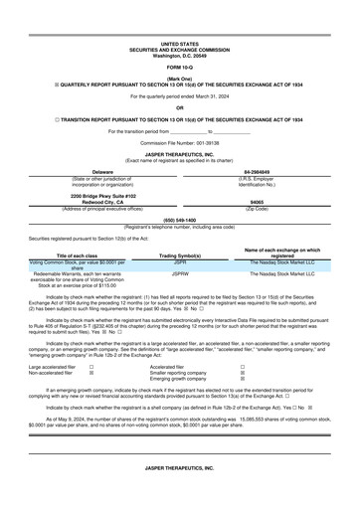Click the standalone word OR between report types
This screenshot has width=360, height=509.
(x=179, y=107)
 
